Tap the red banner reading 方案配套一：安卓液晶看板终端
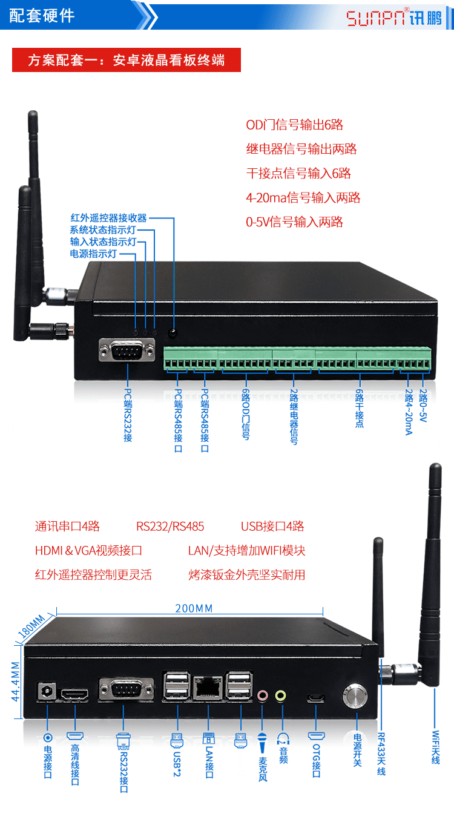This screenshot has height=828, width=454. pos(127,60)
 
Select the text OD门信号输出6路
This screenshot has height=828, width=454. pos(294,125)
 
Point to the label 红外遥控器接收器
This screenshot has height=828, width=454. pos(108,218)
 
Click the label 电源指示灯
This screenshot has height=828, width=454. pos(94,254)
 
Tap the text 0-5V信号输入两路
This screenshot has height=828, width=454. pos(294,222)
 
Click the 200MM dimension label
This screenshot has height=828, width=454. pos(194,608)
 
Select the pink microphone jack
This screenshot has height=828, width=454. pos(262,695)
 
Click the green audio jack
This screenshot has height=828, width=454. pos(280,695)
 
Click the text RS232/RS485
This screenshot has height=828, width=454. pos(170,527)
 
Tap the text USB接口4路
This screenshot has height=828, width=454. pos(272,527)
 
